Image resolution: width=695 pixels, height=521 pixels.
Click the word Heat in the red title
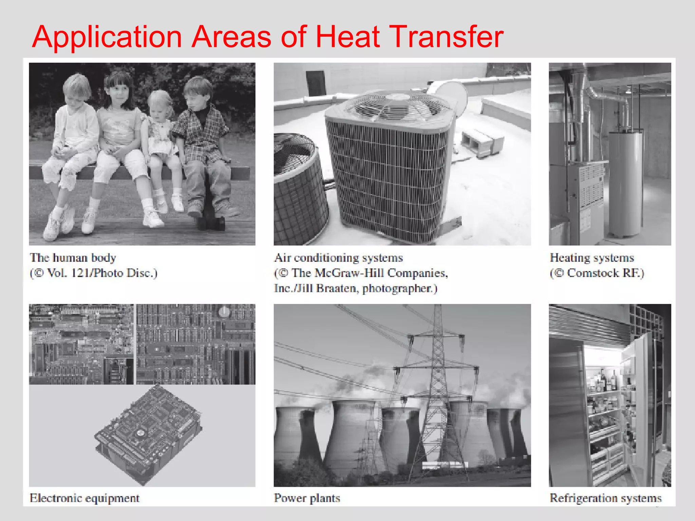[x=347, y=37]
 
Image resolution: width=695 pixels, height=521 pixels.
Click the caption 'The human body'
[x=73, y=258]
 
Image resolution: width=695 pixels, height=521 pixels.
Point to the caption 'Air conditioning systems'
[x=338, y=258]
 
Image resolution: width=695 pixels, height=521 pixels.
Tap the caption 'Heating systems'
[x=592, y=258]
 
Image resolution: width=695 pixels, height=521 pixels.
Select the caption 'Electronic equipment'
[x=84, y=498]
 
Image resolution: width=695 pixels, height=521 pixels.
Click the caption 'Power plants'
[x=307, y=498]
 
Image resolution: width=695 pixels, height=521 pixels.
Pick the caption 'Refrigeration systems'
[x=605, y=498]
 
